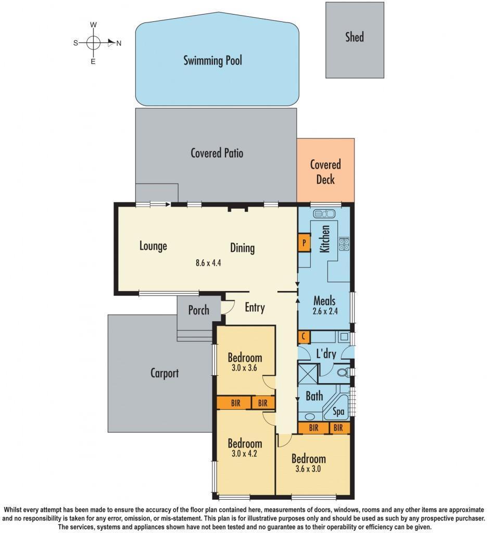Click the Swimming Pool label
[x=212, y=60]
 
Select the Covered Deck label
[x=325, y=172]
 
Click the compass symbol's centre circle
[x=94, y=43]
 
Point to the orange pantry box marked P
[x=304, y=243]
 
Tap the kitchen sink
[x=324, y=214]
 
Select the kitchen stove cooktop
[x=344, y=243]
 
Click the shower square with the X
[x=307, y=373]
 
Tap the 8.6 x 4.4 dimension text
[x=208, y=263]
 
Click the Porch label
[x=198, y=310]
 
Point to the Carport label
[x=165, y=373]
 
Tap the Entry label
[x=255, y=308]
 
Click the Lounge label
[x=153, y=246]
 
